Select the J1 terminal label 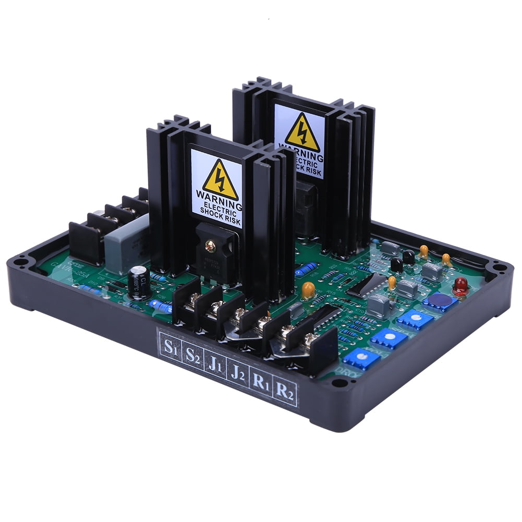(x=215, y=364)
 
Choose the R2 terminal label (x=285, y=392)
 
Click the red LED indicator (x=460, y=285)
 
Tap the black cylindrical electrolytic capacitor (x=139, y=282)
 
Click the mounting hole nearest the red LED (x=499, y=268)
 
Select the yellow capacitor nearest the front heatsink (x=308, y=289)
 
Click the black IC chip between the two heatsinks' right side (x=367, y=284)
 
